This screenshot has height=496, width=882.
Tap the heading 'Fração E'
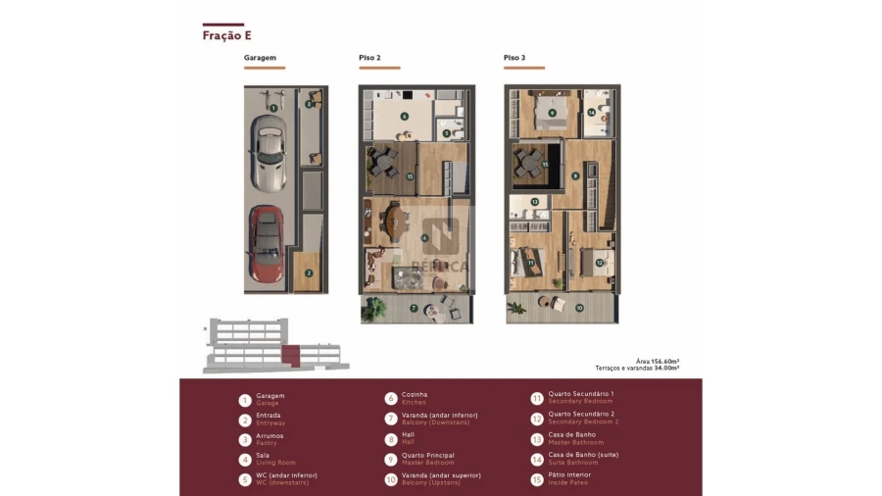[227, 36]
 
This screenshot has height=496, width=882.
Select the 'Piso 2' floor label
[369, 59]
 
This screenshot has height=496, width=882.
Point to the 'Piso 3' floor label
[514, 59]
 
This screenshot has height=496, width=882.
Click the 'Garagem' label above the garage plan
[260, 59]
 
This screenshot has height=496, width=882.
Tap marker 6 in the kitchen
[404, 116]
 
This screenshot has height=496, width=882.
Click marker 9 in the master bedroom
[552, 114]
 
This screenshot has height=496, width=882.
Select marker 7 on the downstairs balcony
[414, 309]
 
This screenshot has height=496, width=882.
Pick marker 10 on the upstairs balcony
[578, 308]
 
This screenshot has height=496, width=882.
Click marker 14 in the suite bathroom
[591, 113]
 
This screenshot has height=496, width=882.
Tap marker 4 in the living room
[424, 238]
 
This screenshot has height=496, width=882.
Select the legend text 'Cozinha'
[415, 394]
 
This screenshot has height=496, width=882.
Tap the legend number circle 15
[536, 479]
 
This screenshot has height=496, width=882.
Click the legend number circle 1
[244, 400]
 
